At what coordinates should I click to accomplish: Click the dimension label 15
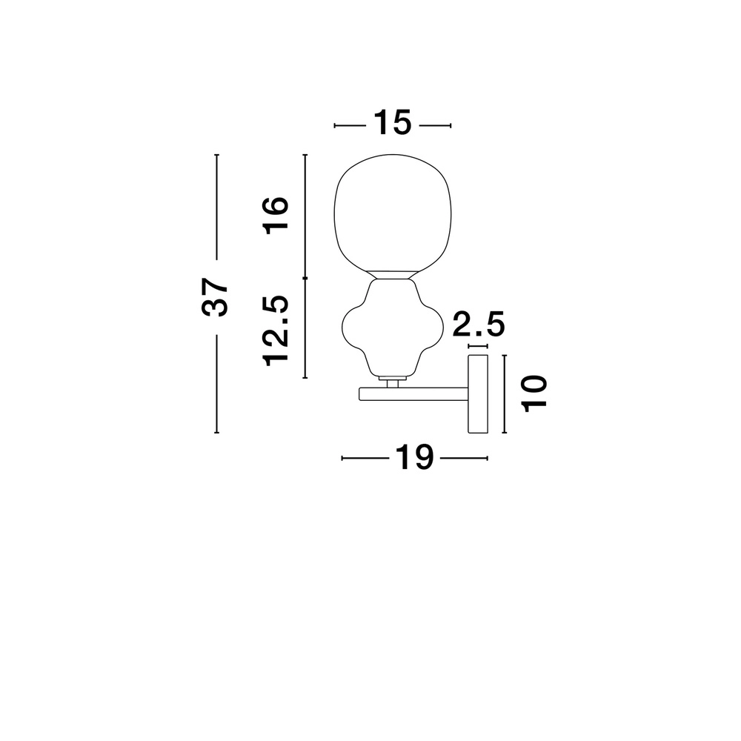392,123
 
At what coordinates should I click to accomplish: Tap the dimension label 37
215,297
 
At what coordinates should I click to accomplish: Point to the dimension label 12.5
276,330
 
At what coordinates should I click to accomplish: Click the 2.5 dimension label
479,324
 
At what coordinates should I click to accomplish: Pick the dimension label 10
534,393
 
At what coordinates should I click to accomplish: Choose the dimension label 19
414,457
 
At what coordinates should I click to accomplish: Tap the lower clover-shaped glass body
392,328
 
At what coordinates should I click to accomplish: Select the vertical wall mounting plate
478,393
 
